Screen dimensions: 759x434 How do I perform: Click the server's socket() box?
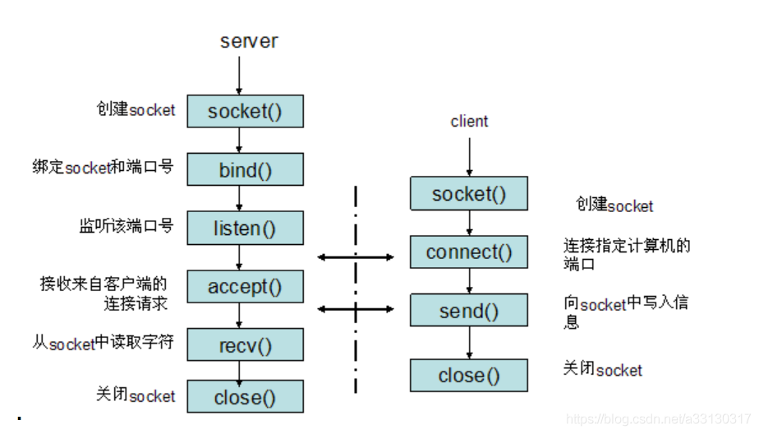coord(246,112)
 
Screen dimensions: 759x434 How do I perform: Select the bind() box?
coord(246,169)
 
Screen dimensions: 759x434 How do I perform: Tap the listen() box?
coord(246,228)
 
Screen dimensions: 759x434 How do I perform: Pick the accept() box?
coord(246,287)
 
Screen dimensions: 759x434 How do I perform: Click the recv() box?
coord(246,345)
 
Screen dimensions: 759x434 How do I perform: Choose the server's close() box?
coord(246,397)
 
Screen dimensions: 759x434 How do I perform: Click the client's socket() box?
coord(469,194)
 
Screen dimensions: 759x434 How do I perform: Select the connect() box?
coord(469,252)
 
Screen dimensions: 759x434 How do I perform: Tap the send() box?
coord(469,310)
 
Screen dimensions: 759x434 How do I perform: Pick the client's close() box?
coord(469,376)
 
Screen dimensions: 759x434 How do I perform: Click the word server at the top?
coord(249,41)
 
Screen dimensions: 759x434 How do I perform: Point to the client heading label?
coord(469,121)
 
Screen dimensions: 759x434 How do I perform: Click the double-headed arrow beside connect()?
coord(356,257)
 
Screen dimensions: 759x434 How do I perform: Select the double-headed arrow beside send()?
coord(356,309)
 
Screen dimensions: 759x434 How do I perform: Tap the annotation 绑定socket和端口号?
coord(103,167)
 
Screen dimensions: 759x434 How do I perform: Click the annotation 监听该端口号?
coord(126,226)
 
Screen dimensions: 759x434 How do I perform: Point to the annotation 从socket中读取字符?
coord(103,343)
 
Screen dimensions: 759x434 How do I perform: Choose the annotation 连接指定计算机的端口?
coord(627,255)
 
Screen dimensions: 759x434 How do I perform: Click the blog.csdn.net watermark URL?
coord(658,419)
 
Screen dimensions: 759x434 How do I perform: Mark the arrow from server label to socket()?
coord(239,76)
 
